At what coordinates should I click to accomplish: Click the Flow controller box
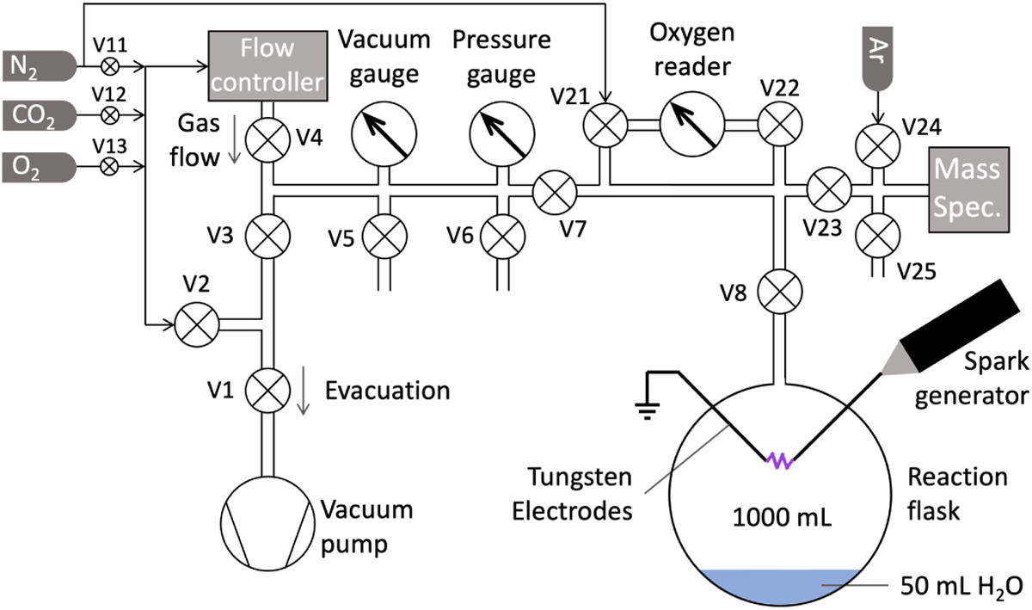[x=267, y=63]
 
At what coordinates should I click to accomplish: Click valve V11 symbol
[x=110, y=65]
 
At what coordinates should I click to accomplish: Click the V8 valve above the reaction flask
[x=781, y=291]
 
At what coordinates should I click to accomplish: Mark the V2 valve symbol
[x=194, y=325]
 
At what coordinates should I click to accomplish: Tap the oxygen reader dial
[x=691, y=131]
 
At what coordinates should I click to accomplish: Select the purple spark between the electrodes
[x=781, y=462]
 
